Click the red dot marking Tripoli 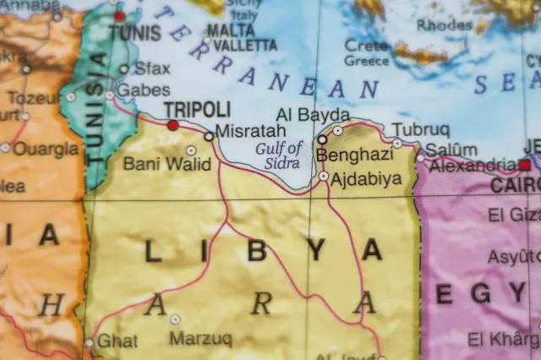click(173, 125)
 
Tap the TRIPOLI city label click(196, 109)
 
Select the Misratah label click(251, 132)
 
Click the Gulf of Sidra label click(279, 155)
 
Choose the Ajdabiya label click(366, 178)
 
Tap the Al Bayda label click(313, 114)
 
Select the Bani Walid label click(167, 163)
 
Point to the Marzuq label click(200, 339)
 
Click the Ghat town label click(117, 341)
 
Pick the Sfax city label click(152, 68)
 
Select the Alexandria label click(473, 165)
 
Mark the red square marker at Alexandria click(525, 165)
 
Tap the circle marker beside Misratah click(209, 135)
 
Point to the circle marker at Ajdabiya click(324, 176)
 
